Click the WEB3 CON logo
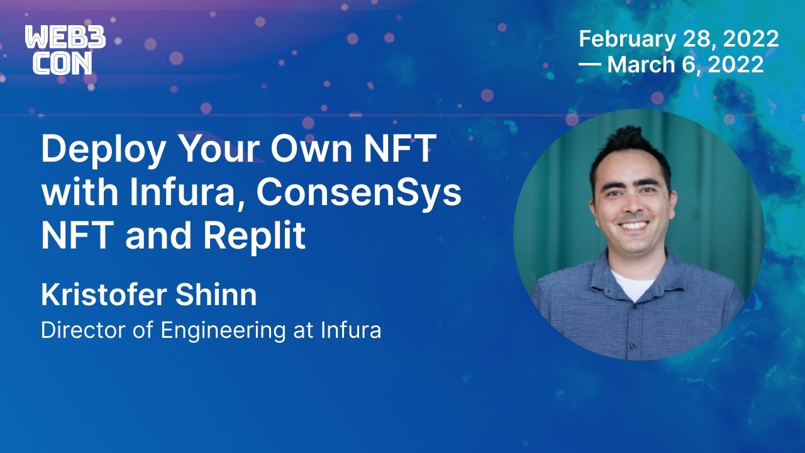pos(65,50)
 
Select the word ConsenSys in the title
pos(358,194)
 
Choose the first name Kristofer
pos(105,296)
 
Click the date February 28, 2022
pos(679,39)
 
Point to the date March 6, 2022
pos(686,64)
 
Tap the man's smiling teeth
pos(633,225)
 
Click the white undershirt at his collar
pos(633,284)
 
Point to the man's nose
pos(632,200)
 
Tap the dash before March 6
pos(589,65)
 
